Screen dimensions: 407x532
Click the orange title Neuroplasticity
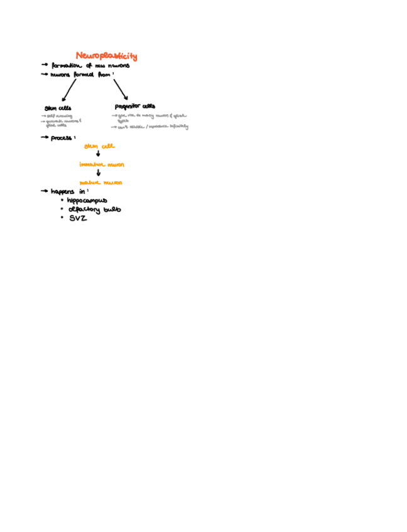point(106,56)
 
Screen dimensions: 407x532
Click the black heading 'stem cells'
point(58,108)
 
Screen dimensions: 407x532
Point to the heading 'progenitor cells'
point(135,106)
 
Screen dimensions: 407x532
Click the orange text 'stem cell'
point(99,146)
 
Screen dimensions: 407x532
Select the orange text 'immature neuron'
point(101,164)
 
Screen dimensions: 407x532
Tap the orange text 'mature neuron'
point(100,183)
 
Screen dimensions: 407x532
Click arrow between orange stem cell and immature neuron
point(98,154)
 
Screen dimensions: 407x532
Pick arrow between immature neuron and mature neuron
point(98,173)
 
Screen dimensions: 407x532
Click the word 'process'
point(62,137)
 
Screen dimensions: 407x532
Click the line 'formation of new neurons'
point(90,65)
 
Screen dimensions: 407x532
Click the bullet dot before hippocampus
point(62,200)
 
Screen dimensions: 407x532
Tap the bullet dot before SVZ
point(62,217)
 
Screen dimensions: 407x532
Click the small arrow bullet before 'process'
point(45,137)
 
